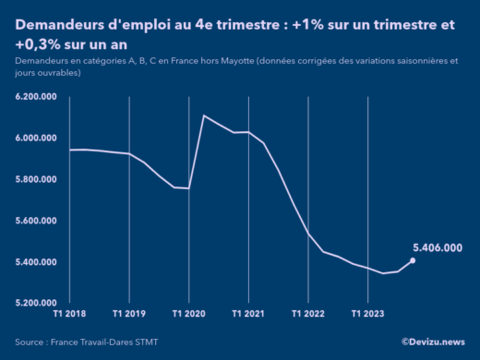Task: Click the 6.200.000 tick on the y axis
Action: pos(38,97)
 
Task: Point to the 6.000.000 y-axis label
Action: pos(38,138)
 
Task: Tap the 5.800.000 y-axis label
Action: pos(38,179)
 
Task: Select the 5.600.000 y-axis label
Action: pos(38,221)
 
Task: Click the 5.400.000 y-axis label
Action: pos(38,262)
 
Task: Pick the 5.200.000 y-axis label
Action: pos(38,303)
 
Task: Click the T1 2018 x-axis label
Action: pos(70,314)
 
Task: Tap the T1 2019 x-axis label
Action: pos(129,314)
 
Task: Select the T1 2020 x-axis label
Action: pos(188,314)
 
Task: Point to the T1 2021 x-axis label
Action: pos(248,314)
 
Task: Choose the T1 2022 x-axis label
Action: pos(308,314)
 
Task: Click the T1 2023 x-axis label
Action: pos(367,314)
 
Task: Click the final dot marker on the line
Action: pos(413,260)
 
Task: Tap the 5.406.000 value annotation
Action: pos(437,247)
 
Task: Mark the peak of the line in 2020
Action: pos(203,115)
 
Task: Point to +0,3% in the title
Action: pos(37,43)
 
